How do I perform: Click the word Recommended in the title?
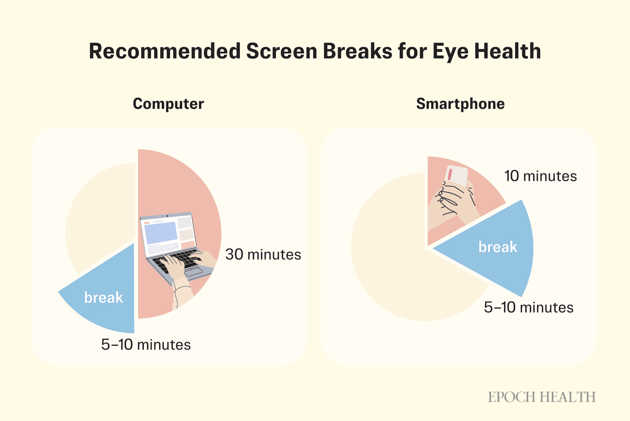coord(164,52)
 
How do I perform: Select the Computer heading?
coord(168,104)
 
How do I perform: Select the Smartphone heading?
coord(460,104)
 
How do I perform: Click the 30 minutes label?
coord(263,254)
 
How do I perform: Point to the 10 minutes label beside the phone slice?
coord(541,176)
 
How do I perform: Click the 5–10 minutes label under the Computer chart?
coord(146,345)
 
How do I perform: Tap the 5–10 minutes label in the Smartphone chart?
coord(529,307)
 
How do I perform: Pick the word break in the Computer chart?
coord(103,297)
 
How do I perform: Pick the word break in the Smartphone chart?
coord(498,247)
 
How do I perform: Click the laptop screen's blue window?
coord(161,233)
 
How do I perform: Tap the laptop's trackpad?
coord(193,271)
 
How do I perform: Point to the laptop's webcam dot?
coord(167,216)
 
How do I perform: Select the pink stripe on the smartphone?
coord(450,174)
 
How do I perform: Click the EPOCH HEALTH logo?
coord(542,397)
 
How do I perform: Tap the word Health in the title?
coord(508,52)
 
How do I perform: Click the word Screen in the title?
coord(282,52)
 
